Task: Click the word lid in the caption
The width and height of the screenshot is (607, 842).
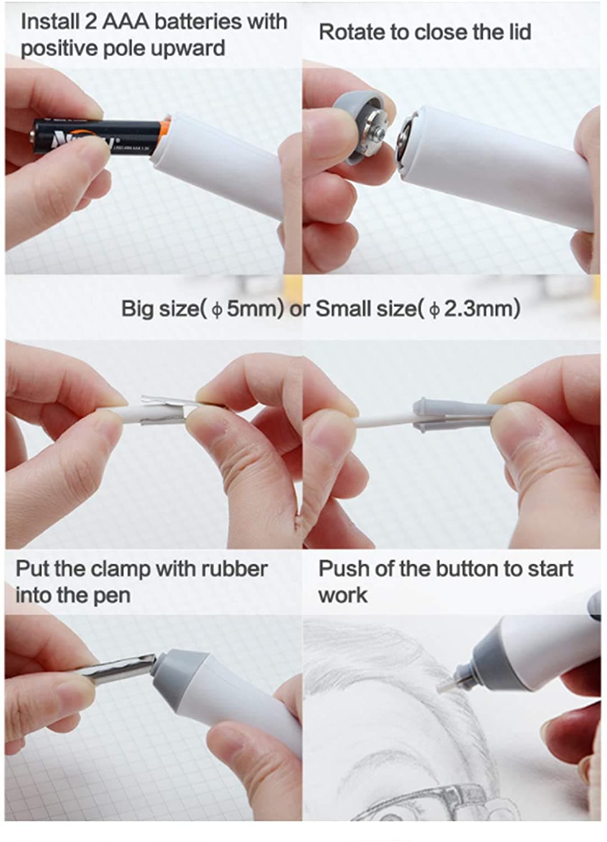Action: tap(519, 32)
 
